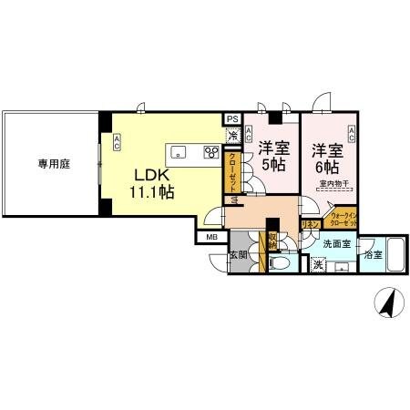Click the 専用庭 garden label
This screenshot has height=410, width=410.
tap(54, 164)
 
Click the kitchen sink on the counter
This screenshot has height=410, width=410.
tap(179, 151)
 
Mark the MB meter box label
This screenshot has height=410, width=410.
tap(211, 239)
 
